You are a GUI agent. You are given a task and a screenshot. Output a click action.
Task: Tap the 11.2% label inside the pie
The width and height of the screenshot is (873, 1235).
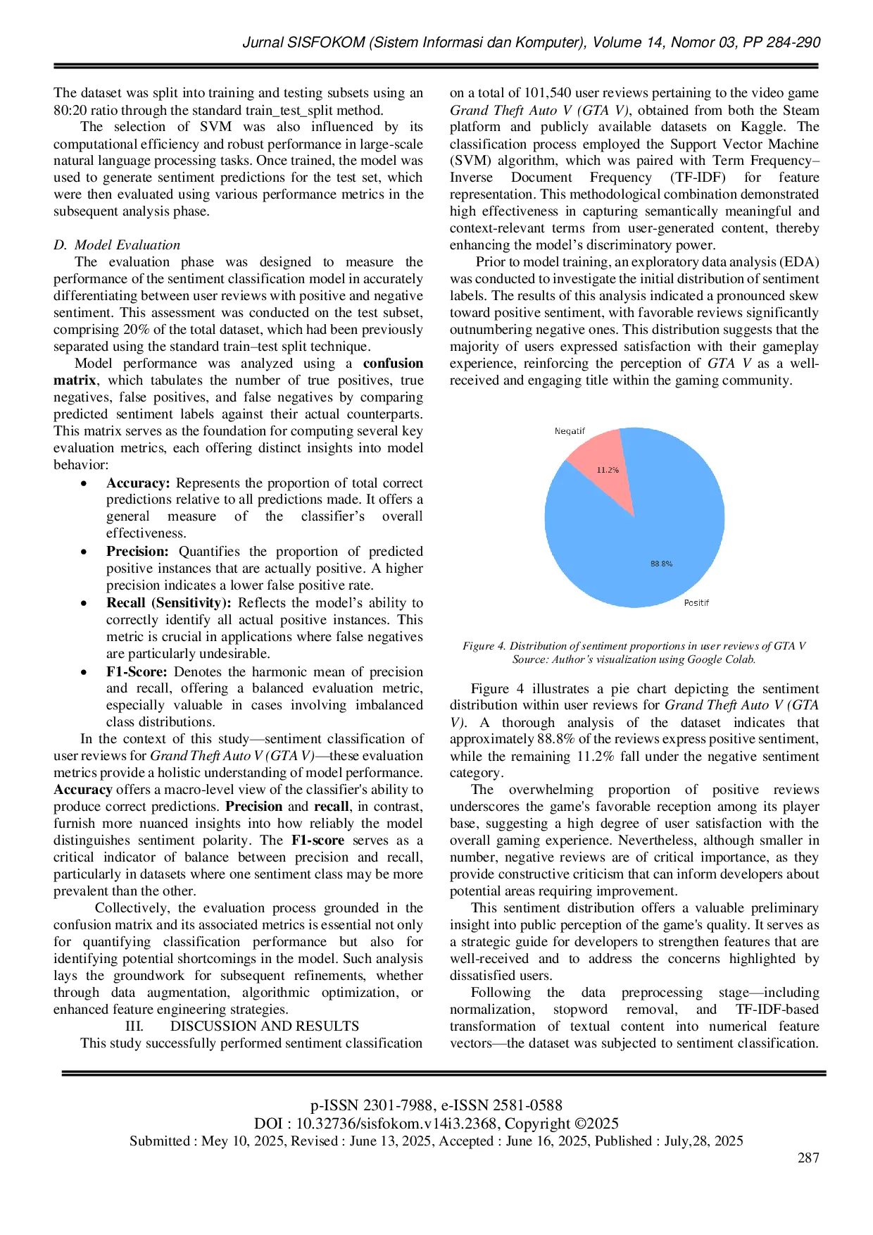point(607,470)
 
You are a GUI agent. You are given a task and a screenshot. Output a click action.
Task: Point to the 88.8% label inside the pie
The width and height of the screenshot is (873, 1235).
point(661,564)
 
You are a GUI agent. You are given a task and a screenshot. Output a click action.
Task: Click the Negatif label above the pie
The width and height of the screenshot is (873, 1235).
point(570,431)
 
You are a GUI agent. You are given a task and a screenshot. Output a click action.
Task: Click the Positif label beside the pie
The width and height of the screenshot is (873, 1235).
point(696,603)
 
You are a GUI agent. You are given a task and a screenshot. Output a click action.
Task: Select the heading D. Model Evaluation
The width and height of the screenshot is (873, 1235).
point(117,245)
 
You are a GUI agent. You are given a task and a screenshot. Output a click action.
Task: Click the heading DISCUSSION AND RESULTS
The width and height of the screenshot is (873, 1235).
point(264,1026)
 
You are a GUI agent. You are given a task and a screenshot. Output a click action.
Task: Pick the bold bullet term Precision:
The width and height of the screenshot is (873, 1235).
point(137,552)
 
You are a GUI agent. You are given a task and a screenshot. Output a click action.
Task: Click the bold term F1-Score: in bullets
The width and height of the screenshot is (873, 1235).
point(137,672)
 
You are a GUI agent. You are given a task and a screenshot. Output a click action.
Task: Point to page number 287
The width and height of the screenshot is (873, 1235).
point(808,1158)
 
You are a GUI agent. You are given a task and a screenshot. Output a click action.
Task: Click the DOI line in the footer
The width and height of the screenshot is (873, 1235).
point(436,1124)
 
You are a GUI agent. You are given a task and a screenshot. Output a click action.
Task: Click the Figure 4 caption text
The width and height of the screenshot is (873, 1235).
point(634,646)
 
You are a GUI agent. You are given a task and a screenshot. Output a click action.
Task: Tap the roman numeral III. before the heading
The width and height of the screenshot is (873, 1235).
point(134,1026)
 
